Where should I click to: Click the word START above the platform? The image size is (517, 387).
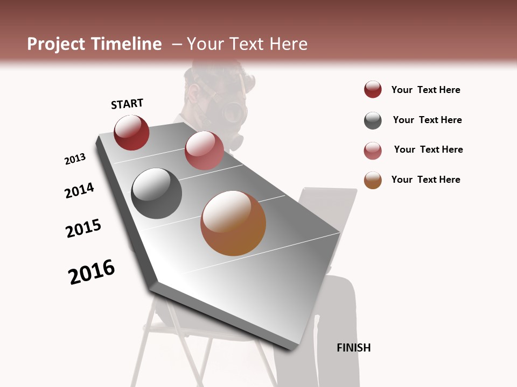click(127, 104)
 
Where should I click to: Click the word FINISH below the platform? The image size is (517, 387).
click(354, 348)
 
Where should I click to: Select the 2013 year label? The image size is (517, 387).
click(75, 159)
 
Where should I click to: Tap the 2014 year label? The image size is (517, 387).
click(79, 191)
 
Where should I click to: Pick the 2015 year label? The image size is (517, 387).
click(83, 228)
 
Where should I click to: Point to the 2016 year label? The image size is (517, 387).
click(92, 272)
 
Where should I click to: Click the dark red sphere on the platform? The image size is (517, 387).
click(131, 133)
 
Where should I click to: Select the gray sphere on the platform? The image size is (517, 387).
click(157, 193)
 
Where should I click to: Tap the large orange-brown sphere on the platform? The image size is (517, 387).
click(233, 223)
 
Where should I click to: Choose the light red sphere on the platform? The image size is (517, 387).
click(204, 150)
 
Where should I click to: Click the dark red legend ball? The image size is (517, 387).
click(373, 90)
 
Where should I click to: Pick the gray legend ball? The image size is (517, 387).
click(373, 120)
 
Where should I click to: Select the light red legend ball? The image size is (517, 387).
click(373, 150)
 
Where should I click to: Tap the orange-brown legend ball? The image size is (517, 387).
click(373, 180)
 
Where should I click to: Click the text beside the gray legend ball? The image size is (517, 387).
click(427, 120)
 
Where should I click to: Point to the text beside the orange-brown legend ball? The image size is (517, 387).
click(425, 180)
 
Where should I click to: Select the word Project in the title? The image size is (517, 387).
click(56, 44)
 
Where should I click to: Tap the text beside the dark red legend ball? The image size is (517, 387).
click(425, 90)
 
